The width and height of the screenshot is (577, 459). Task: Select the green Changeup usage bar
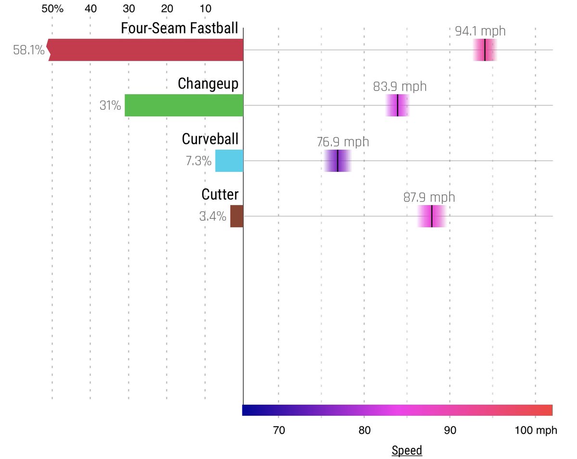click(x=184, y=105)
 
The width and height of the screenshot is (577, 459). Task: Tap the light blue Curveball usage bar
click(x=229, y=161)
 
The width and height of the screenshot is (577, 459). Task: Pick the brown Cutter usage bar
click(x=237, y=216)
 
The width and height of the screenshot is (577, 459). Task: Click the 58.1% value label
click(x=29, y=50)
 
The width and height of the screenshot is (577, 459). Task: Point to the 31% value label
click(x=110, y=105)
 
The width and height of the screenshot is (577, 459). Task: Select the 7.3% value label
click(x=199, y=161)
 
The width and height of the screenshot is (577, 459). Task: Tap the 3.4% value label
click(x=213, y=216)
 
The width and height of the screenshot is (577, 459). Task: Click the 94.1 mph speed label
click(x=480, y=31)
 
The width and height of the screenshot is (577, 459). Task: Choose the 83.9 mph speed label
click(x=400, y=87)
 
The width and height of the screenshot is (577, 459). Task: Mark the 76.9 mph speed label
click(x=343, y=142)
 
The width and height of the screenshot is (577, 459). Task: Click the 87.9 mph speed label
click(x=429, y=197)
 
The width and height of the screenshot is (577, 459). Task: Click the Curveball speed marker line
click(x=338, y=161)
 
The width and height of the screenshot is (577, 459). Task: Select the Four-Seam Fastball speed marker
click(x=485, y=50)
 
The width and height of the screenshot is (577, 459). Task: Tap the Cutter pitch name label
click(x=220, y=195)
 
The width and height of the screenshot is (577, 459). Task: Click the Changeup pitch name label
click(x=208, y=84)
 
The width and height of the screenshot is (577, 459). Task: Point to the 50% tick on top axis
click(x=52, y=9)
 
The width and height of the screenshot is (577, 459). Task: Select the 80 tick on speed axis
click(x=364, y=430)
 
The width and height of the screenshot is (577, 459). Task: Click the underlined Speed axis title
click(x=407, y=450)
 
